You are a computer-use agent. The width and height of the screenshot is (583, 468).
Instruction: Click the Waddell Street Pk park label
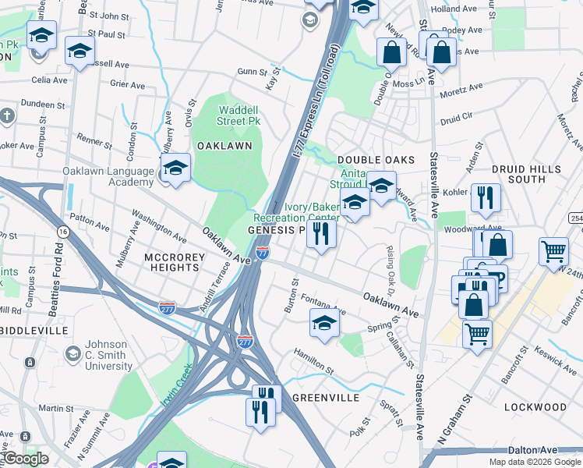click(x=238, y=115)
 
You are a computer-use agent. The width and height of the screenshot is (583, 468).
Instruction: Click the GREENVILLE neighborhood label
click(x=326, y=397)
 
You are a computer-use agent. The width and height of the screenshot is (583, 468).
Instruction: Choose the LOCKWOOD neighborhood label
click(x=535, y=407)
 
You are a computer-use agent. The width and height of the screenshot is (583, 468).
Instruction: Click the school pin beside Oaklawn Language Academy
click(x=175, y=168)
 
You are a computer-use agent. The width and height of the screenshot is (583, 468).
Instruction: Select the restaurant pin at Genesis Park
click(x=321, y=234)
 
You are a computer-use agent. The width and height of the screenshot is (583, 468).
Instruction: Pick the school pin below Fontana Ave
click(x=325, y=324)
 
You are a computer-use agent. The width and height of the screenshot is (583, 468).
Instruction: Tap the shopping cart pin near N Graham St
click(x=477, y=335)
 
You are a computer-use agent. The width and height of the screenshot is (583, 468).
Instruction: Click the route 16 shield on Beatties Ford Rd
click(x=62, y=232)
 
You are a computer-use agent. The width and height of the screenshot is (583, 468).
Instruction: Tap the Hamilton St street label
click(x=313, y=360)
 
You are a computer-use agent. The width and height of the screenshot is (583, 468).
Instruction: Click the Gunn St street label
click(x=253, y=72)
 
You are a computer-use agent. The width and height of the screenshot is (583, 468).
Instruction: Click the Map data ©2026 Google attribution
click(x=535, y=462)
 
